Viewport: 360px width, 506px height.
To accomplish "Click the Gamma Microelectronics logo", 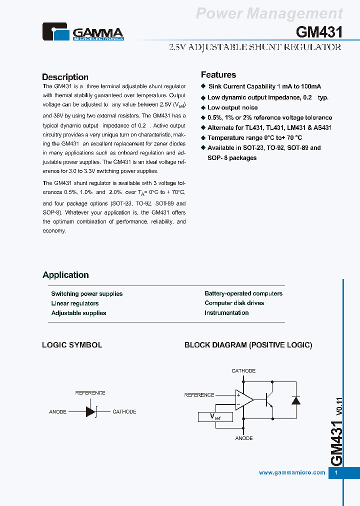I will tap(82, 32).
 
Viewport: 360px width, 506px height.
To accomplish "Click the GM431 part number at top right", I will tap(319, 32).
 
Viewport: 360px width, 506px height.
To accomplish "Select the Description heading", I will tap(65, 77).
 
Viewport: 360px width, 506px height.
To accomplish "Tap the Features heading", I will tap(218, 75).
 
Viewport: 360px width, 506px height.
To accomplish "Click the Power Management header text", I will tap(269, 13).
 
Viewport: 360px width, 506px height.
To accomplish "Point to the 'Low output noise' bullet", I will tap(232, 107).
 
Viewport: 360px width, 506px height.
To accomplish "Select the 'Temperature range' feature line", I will tap(254, 137).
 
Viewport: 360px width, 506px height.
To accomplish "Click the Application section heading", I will tap(65, 275).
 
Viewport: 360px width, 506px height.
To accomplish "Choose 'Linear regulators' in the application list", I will tap(75, 303).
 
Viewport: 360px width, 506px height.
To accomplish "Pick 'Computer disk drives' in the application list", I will tap(234, 303).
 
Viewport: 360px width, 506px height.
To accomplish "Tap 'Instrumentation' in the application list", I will tap(226, 313).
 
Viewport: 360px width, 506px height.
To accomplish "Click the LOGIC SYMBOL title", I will tap(72, 345).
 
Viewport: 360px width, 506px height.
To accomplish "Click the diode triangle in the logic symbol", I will tap(90, 411).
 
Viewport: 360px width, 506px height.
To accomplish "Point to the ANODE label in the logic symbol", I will tap(57, 412).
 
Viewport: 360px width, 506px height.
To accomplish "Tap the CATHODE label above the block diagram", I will tap(243, 371).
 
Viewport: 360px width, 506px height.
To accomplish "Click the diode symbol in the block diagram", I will tap(295, 400).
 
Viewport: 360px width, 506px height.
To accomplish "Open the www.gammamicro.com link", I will tap(292, 472).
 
